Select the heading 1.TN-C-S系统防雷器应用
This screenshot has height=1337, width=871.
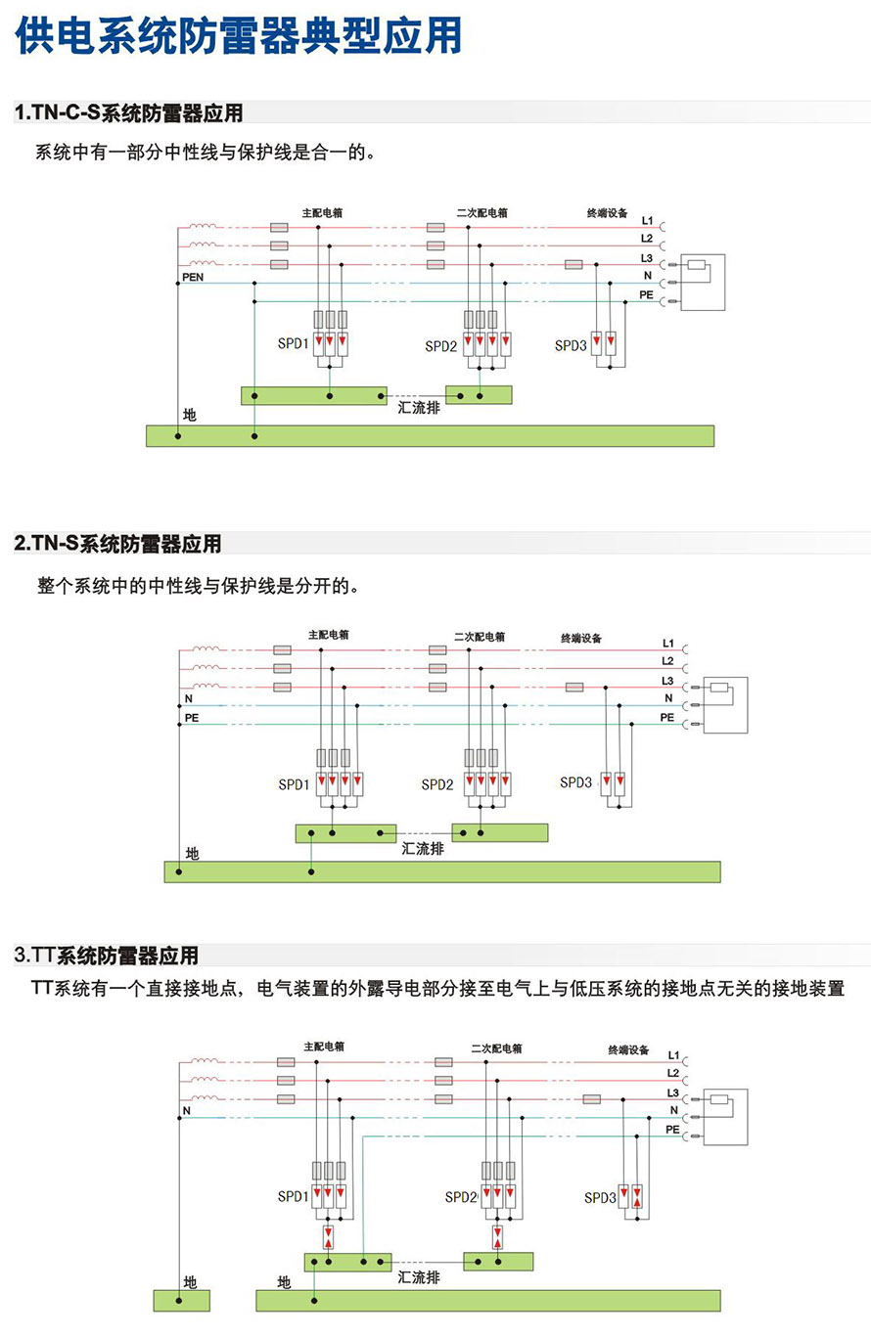pyautogui.click(x=128, y=112)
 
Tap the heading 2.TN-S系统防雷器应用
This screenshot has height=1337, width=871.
pyautogui.click(x=117, y=543)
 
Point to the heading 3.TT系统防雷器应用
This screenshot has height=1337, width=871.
pyautogui.click(x=107, y=955)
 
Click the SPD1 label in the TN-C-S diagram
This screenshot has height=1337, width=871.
pyautogui.click(x=293, y=343)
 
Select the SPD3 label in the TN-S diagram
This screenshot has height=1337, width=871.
pyautogui.click(x=575, y=781)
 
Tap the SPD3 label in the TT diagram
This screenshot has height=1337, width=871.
pyautogui.click(x=600, y=1197)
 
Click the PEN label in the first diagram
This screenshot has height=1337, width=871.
pyautogui.click(x=193, y=277)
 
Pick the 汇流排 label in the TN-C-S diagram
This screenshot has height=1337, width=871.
pyautogui.click(x=419, y=408)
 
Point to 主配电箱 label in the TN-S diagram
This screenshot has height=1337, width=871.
pyautogui.click(x=329, y=635)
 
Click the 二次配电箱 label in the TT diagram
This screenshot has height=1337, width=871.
pyautogui.click(x=496, y=1048)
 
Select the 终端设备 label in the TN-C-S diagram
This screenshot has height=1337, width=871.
pyautogui.click(x=607, y=213)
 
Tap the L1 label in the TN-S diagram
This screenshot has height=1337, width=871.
pyautogui.click(x=667, y=643)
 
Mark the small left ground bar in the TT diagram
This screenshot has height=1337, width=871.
pyautogui.click(x=182, y=1301)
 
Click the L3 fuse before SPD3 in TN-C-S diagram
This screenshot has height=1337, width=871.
pyautogui.click(x=573, y=264)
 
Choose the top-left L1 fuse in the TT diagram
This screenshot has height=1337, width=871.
pyautogui.click(x=286, y=1062)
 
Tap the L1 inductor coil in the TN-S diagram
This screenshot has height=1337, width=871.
pyautogui.click(x=206, y=648)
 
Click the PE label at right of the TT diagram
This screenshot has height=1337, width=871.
pyautogui.click(x=672, y=1130)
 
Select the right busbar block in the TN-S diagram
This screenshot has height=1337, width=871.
pyautogui.click(x=500, y=832)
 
